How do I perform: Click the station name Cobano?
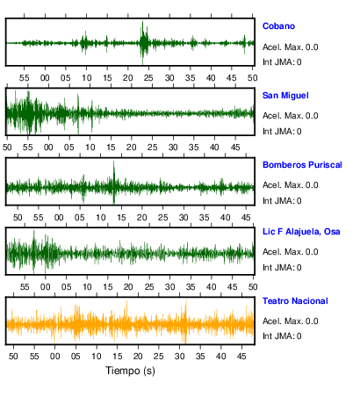coord(278,26)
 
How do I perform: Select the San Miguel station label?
coord(285,96)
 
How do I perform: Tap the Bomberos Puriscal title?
coord(302,165)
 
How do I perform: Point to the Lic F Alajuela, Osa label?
coord(301,232)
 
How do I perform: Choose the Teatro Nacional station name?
coord(295,301)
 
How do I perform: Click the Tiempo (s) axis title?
coord(130,371)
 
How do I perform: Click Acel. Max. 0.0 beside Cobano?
coord(290,47)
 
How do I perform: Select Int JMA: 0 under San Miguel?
coord(282,132)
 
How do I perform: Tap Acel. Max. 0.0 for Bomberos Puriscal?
coord(290,185)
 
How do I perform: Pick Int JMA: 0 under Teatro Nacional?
coord(282,335)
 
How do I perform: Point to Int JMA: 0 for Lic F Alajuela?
coord(282,268)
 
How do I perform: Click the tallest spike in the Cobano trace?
coord(142,22)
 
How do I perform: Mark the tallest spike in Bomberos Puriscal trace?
coord(114,162)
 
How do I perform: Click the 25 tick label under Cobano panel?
coord(148,78)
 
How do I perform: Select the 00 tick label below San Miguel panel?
coord(48,147)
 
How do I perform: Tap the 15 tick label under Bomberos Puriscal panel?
coord(121,218)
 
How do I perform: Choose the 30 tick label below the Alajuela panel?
coord(169,287)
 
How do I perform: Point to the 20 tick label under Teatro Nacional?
coord(138,357)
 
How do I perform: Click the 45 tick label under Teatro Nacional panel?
coord(241,357)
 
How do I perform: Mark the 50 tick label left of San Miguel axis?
coord(7,147)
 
